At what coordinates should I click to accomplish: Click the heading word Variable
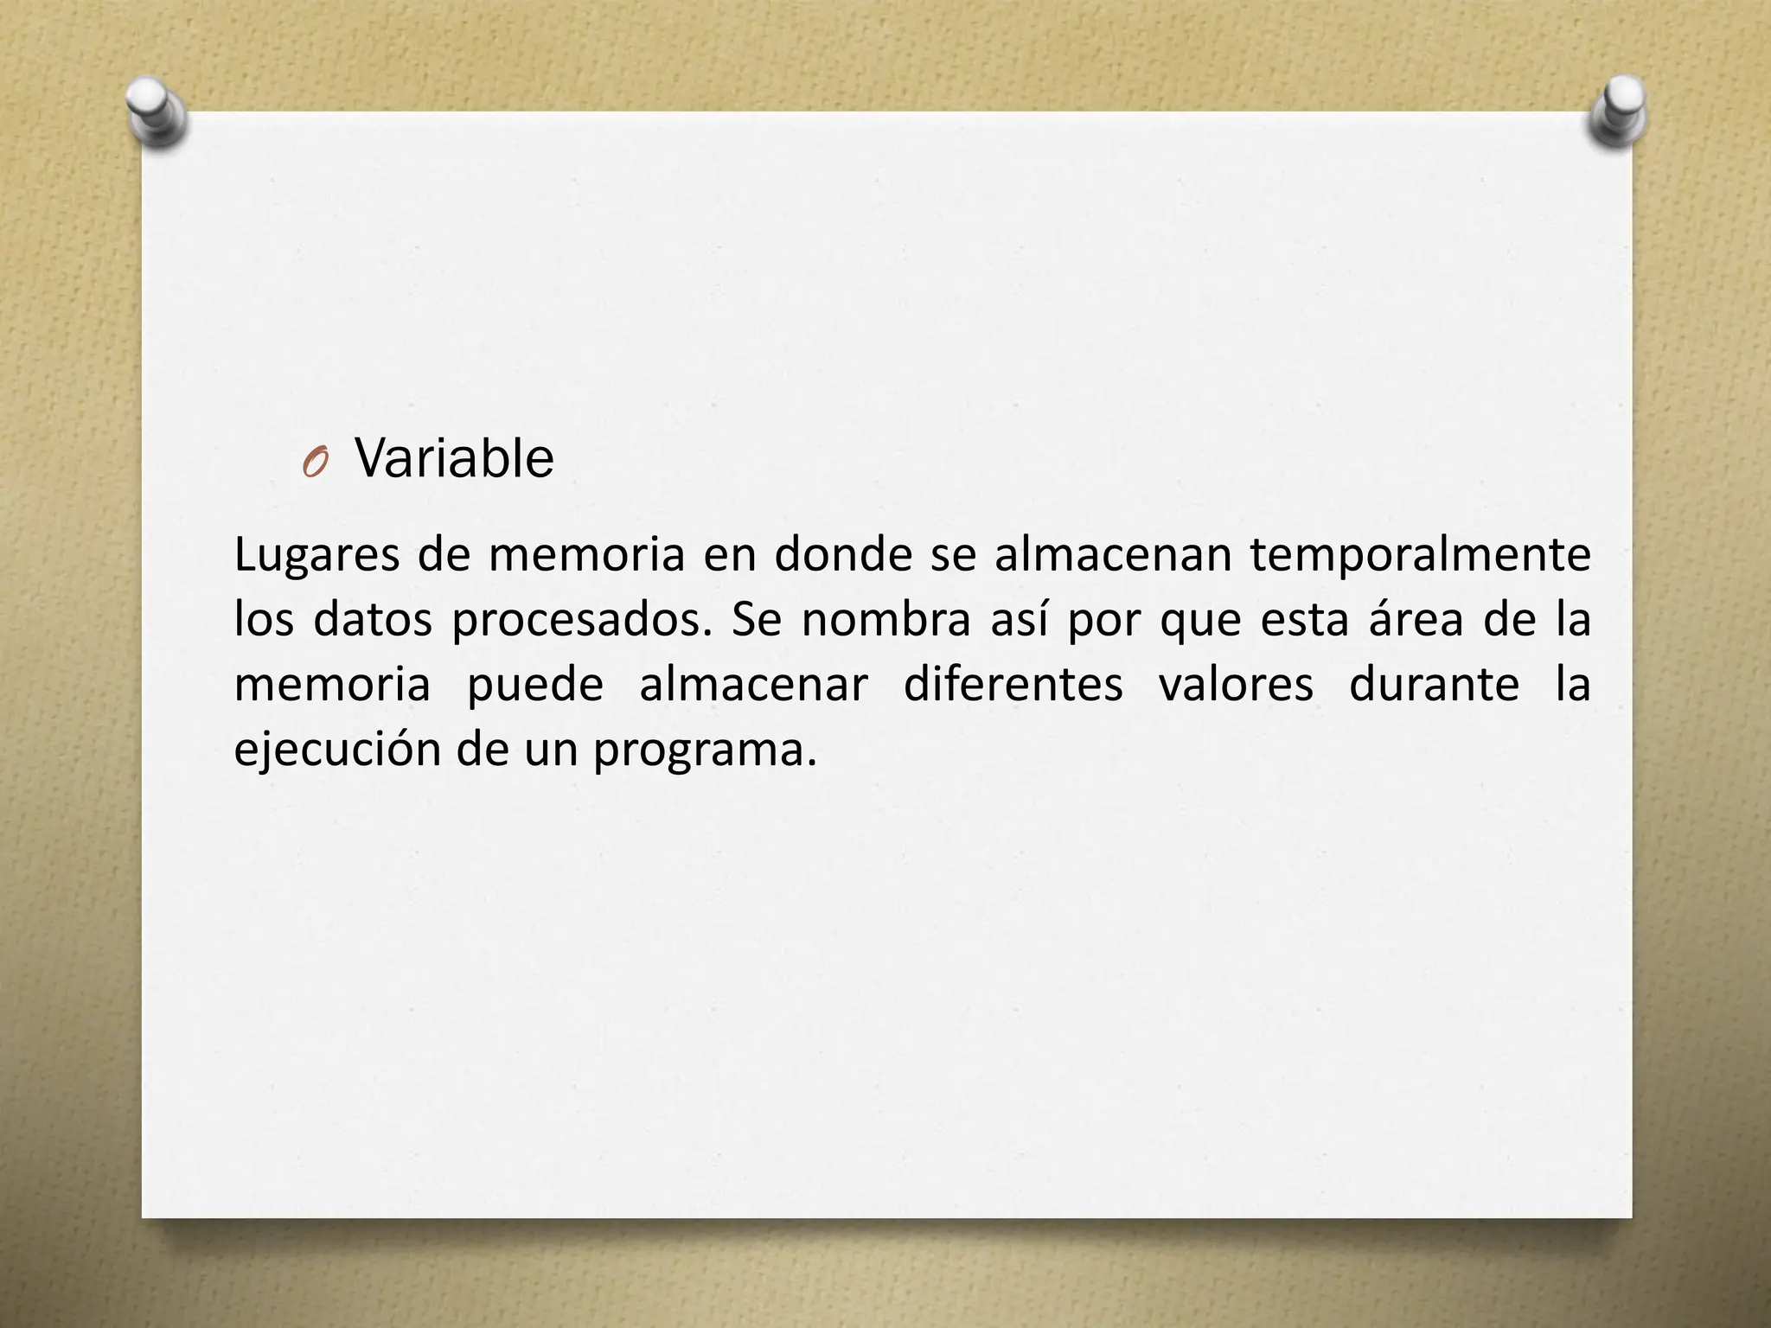pyautogui.click(x=454, y=458)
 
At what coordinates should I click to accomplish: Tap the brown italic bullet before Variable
pyautogui.click(x=315, y=465)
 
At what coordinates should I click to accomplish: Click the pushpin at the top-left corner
pyautogui.click(x=156, y=110)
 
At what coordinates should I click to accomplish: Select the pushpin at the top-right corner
pyautogui.click(x=1617, y=110)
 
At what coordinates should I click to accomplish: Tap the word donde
pyautogui.click(x=843, y=555)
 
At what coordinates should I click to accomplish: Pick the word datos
pyautogui.click(x=372, y=621)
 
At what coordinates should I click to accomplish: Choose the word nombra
pyautogui.click(x=886, y=621)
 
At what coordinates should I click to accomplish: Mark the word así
pyautogui.click(x=1020, y=619)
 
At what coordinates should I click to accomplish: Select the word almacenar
pyautogui.click(x=753, y=685)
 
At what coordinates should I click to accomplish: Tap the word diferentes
pyautogui.click(x=1013, y=685)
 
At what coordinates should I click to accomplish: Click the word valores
pyautogui.click(x=1236, y=685)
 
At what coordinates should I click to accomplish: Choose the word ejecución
pyautogui.click(x=336, y=750)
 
